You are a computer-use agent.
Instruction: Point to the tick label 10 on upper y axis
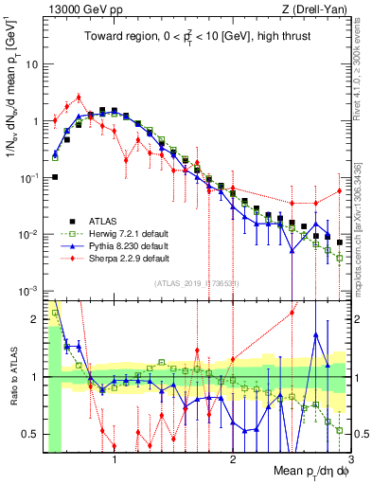pyautogui.click(x=32, y=64)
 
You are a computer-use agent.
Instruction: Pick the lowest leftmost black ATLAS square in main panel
pyautogui.click(x=55, y=176)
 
